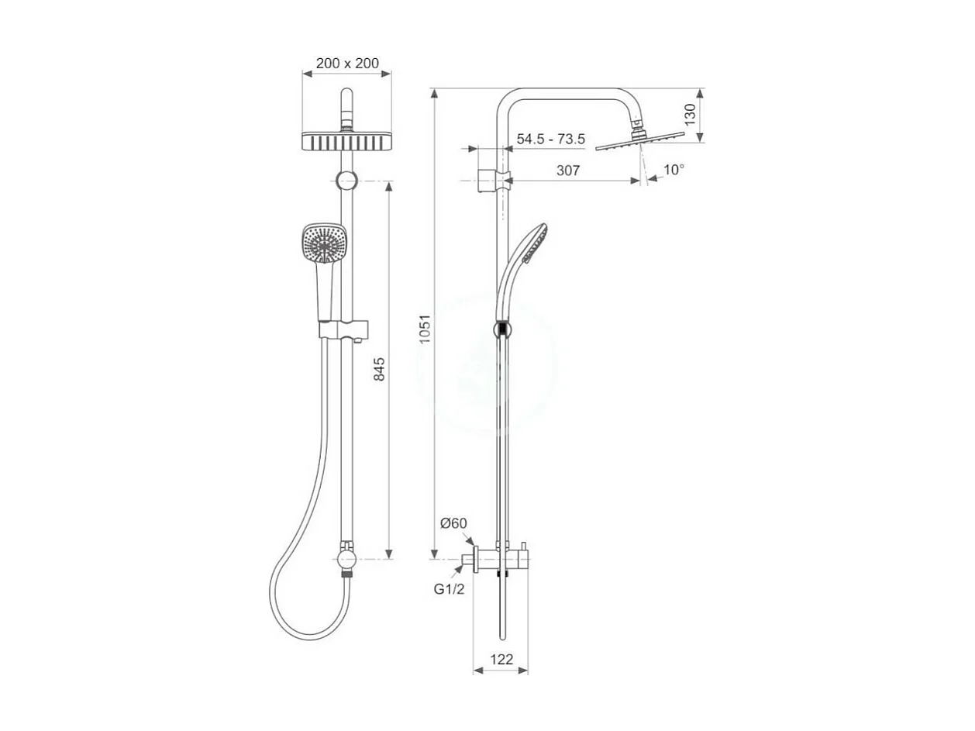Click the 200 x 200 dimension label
click(346, 64)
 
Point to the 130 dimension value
click(690, 114)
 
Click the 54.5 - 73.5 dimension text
click(550, 140)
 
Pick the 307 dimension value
click(568, 171)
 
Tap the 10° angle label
click(674, 169)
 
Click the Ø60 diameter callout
click(453, 523)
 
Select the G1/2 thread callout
click(449, 589)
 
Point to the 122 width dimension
click(501, 660)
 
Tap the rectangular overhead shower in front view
click(346, 142)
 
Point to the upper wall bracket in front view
click(346, 181)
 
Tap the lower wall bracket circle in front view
click(346, 558)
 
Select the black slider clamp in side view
click(502, 329)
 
